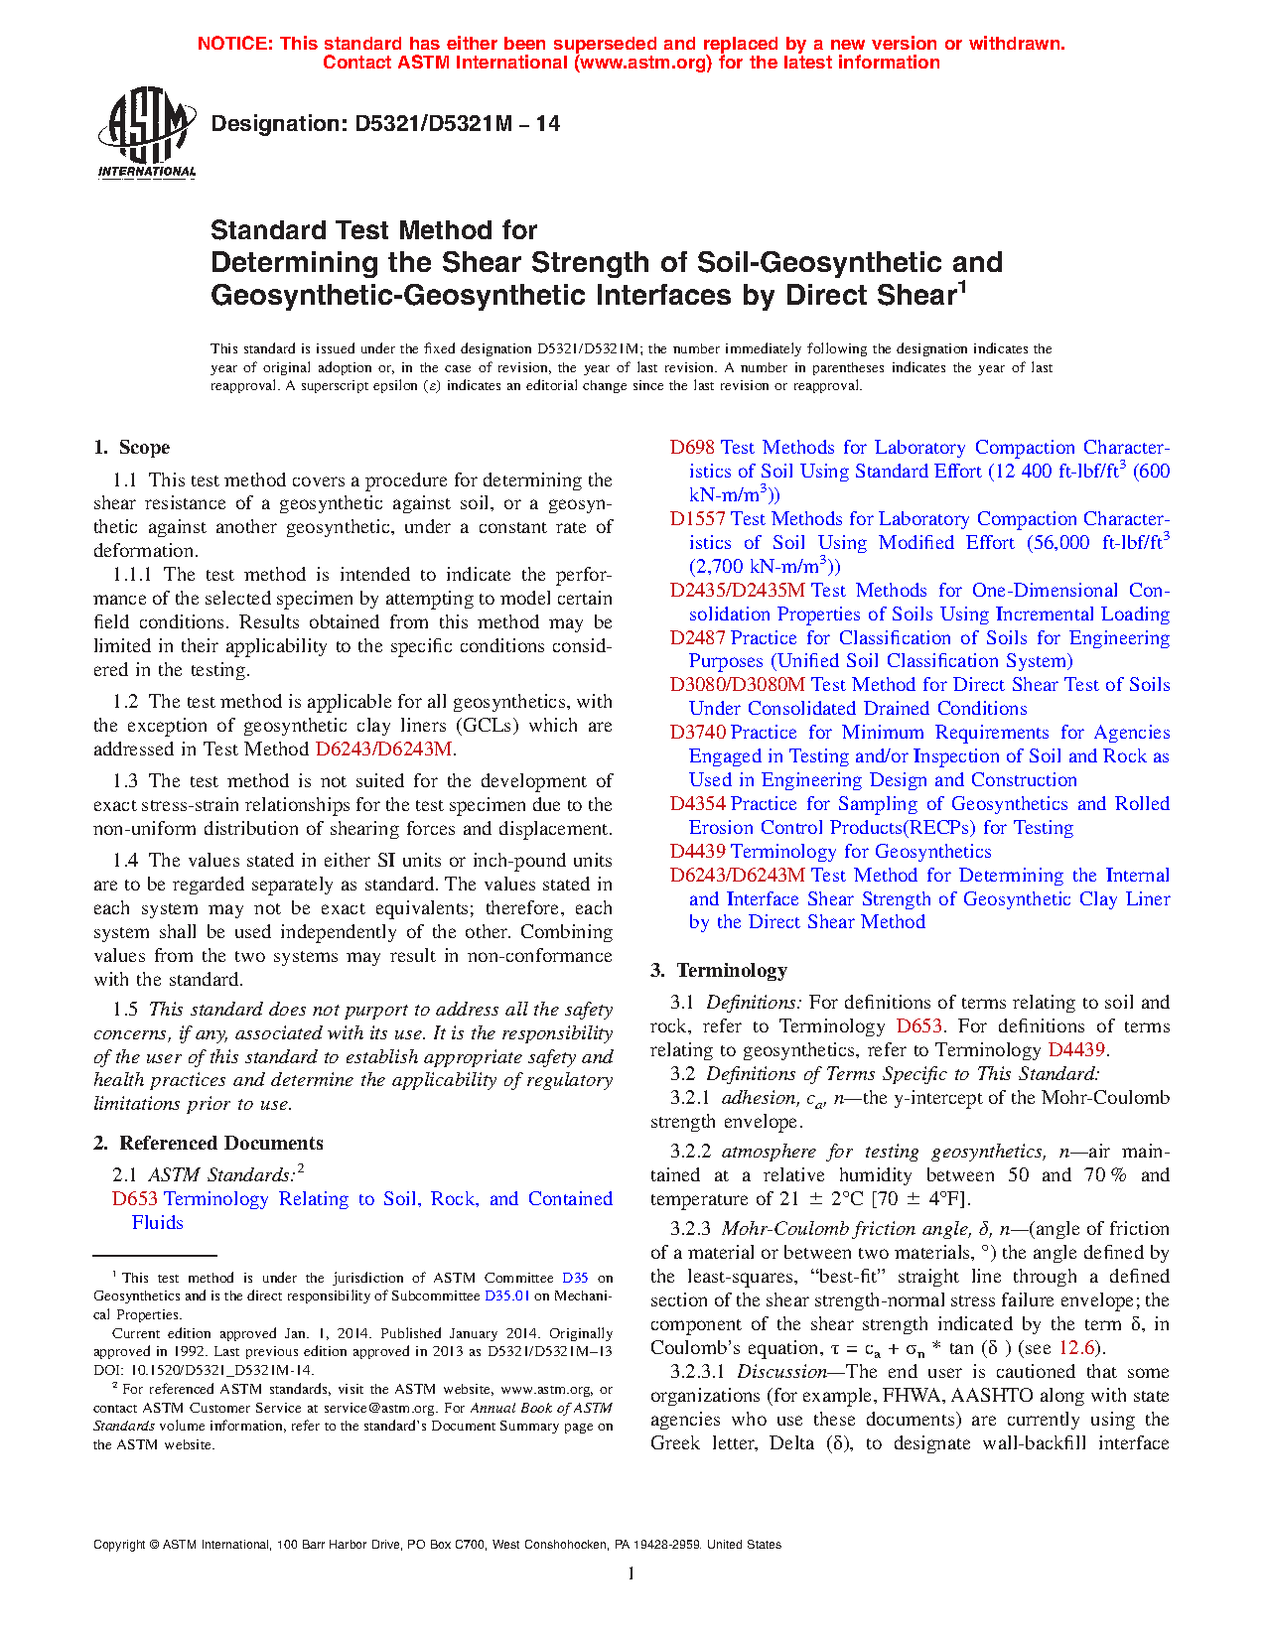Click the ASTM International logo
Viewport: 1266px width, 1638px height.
[x=147, y=132]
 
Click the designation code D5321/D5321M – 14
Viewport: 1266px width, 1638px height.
[x=385, y=124]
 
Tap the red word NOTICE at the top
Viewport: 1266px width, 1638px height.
[x=233, y=44]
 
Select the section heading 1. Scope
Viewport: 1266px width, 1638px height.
[x=132, y=448]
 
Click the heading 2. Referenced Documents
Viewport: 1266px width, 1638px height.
[x=209, y=1144]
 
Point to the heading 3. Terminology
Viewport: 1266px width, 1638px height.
[x=719, y=971]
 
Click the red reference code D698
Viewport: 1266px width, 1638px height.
[x=692, y=448]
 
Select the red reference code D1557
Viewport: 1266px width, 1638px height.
[x=697, y=519]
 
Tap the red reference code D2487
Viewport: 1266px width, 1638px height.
[x=697, y=638]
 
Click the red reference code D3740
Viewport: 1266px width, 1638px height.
[x=697, y=733]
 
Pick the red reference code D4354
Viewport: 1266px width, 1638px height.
[x=697, y=804]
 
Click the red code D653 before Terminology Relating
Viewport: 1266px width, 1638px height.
[x=135, y=1199]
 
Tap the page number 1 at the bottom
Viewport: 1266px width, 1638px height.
[x=632, y=1572]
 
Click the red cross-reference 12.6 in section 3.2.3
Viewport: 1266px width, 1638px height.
[x=1076, y=1348]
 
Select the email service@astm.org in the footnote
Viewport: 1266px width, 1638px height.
[x=379, y=1408]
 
